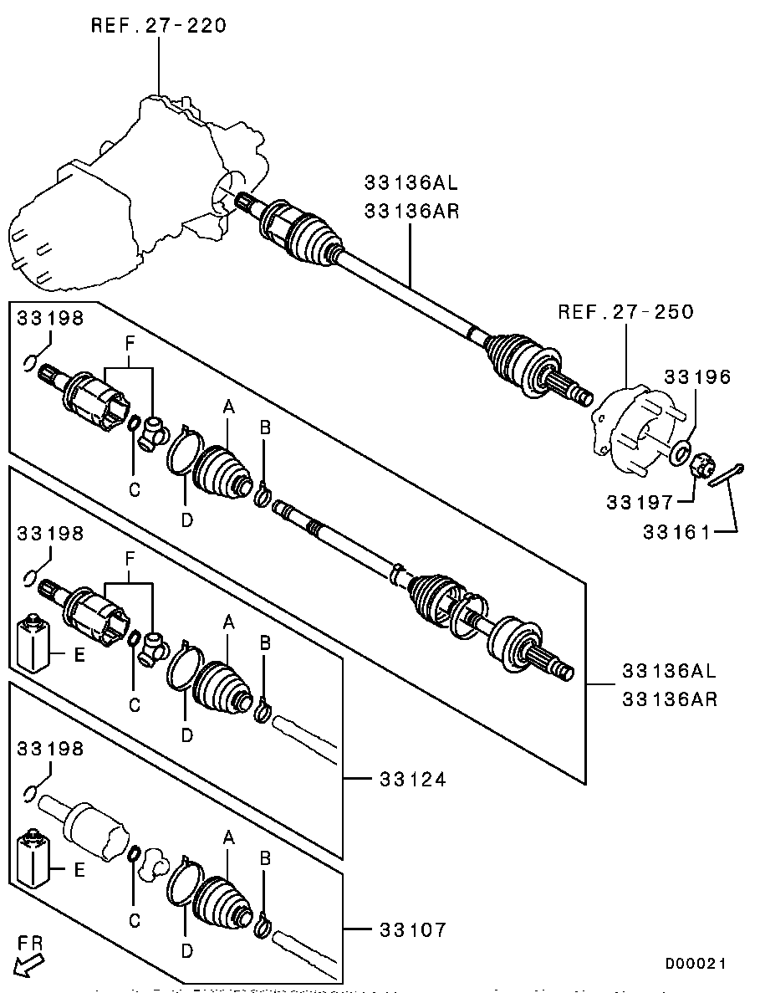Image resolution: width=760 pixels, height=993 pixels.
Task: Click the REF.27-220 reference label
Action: click(158, 25)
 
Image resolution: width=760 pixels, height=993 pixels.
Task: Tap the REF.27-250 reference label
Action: click(625, 312)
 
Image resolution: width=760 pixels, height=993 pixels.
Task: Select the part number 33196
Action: click(698, 377)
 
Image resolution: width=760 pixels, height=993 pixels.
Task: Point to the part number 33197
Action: click(640, 502)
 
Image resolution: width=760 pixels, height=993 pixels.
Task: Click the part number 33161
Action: click(676, 530)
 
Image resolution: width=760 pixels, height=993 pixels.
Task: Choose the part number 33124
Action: click(412, 779)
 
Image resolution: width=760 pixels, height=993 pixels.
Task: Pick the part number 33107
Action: click(412, 929)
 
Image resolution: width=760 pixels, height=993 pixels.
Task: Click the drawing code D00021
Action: click(696, 965)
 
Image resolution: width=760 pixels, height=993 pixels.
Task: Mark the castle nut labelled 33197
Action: click(702, 465)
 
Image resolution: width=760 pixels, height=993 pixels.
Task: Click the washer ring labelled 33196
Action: click(681, 453)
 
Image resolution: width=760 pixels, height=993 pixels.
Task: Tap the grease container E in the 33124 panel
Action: click(34, 644)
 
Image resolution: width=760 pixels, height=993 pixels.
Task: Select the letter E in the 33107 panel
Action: click(79, 870)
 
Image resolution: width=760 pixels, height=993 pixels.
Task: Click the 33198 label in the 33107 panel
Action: click(51, 749)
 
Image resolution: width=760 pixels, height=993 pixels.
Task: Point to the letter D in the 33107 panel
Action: click(187, 950)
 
